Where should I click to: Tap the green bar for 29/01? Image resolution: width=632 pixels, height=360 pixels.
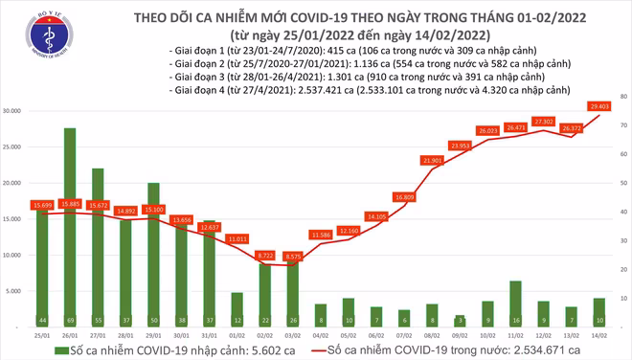pyautogui.click(x=153, y=254)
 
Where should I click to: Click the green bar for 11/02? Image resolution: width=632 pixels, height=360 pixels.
pyautogui.click(x=515, y=303)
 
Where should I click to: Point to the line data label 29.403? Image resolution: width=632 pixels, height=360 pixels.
pyautogui.click(x=600, y=106)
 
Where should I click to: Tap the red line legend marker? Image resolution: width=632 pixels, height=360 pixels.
pyautogui.click(x=323, y=350)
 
